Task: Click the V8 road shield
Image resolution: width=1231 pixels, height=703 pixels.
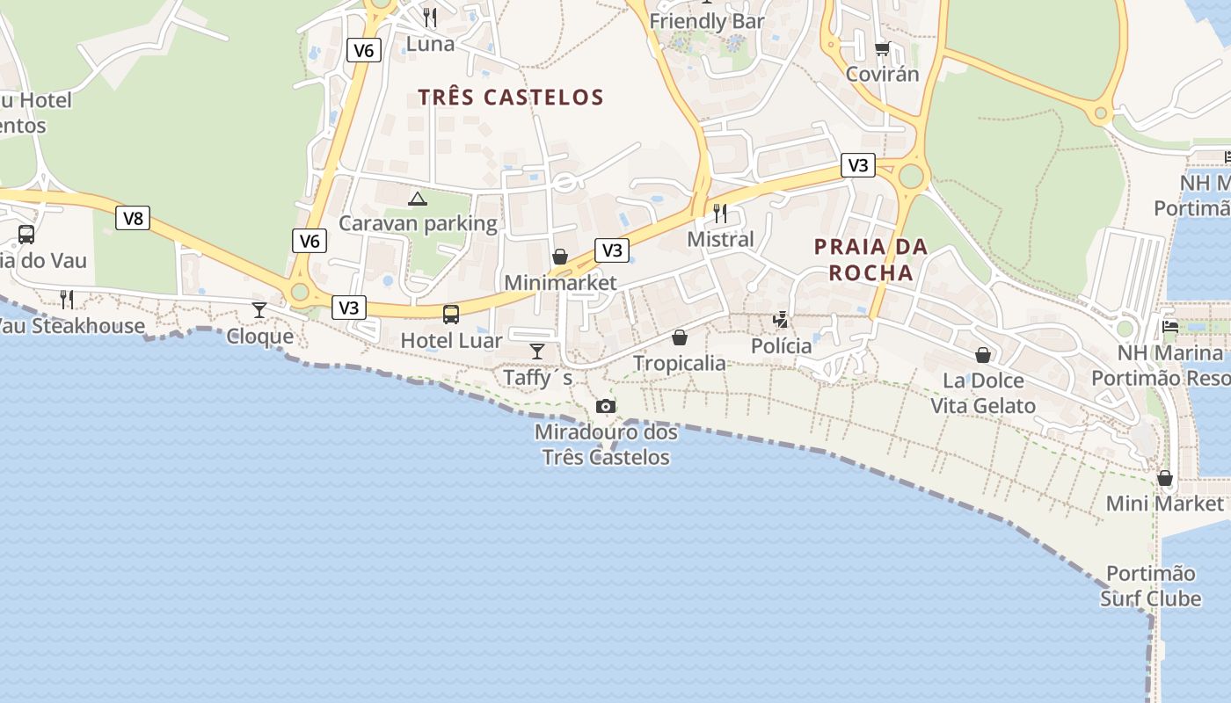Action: pyautogui.click(x=133, y=218)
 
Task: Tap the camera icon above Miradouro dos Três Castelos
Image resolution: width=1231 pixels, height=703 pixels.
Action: pyautogui.click(x=606, y=406)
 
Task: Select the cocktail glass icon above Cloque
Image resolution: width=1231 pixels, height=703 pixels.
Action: pyautogui.click(x=259, y=309)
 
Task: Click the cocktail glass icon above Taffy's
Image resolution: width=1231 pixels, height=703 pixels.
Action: pyautogui.click(x=537, y=351)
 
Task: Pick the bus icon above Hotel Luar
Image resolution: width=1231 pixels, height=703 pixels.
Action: pyautogui.click(x=451, y=314)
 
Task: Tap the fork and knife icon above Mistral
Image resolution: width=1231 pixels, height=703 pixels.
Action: pyautogui.click(x=720, y=213)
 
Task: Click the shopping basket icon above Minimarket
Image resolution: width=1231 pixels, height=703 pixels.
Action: pyautogui.click(x=560, y=257)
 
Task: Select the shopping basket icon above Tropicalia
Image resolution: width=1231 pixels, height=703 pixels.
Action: pyautogui.click(x=680, y=337)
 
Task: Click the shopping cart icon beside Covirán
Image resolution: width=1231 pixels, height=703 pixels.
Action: pyautogui.click(x=882, y=48)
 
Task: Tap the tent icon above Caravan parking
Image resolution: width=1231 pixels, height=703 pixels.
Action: pyautogui.click(x=418, y=199)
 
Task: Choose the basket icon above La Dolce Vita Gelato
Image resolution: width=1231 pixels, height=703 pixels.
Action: pyautogui.click(x=983, y=355)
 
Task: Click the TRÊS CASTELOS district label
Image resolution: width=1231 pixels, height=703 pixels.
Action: pyautogui.click(x=511, y=97)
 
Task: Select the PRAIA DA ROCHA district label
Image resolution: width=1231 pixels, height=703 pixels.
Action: pyautogui.click(x=870, y=259)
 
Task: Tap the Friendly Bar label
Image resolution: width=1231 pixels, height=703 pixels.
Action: pyautogui.click(x=707, y=21)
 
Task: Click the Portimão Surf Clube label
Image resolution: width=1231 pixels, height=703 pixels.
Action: pyautogui.click(x=1150, y=586)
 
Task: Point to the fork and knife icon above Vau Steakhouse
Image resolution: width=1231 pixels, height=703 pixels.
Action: pyautogui.click(x=67, y=300)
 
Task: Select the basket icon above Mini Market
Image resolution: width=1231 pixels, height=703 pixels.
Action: pyautogui.click(x=1165, y=478)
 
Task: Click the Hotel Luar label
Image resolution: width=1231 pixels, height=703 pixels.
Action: pyautogui.click(x=451, y=341)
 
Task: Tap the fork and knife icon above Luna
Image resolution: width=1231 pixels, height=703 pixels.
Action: pyautogui.click(x=430, y=17)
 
